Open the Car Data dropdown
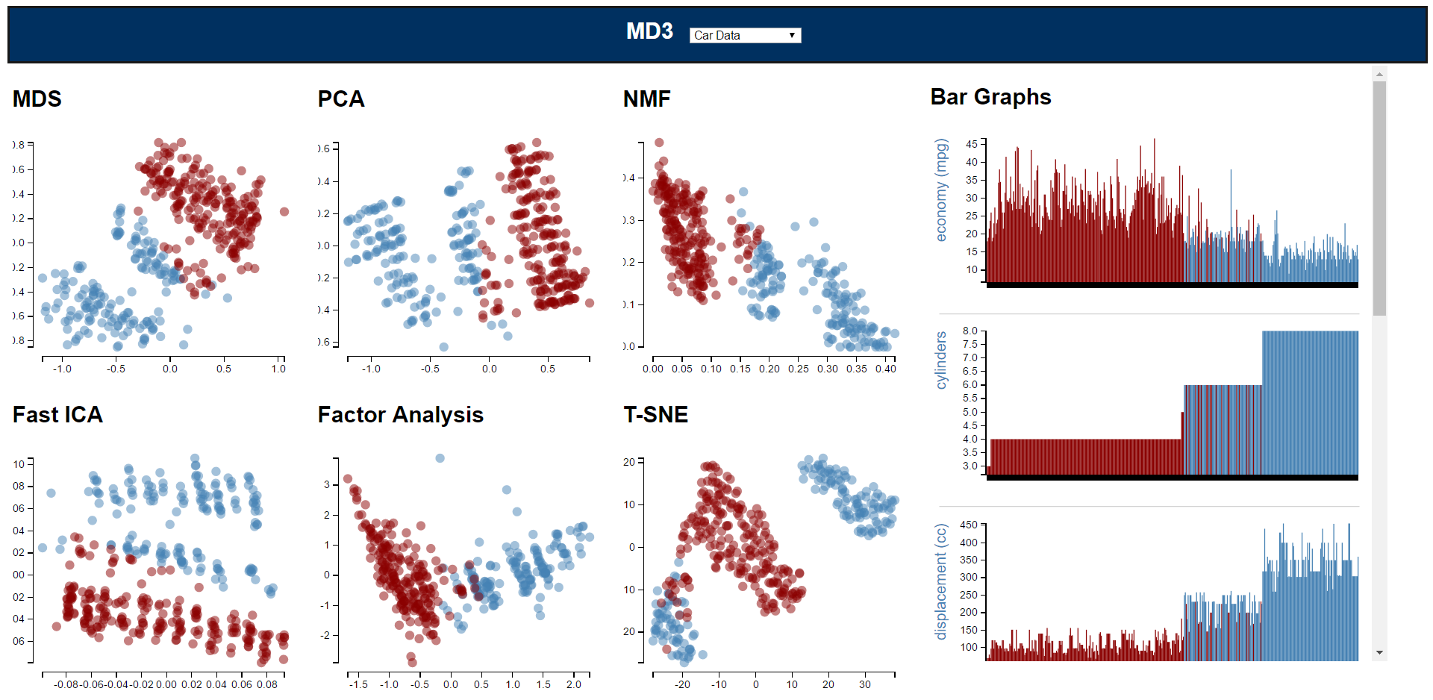[745, 35]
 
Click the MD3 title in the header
[649, 31]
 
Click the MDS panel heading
[37, 99]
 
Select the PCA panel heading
[341, 99]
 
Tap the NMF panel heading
[647, 99]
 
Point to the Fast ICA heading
[57, 415]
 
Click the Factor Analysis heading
[401, 415]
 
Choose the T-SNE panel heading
[656, 415]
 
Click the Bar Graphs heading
[990, 97]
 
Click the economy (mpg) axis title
[941, 190]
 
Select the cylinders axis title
[941, 360]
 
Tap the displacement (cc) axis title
[941, 581]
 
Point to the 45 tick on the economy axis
[972, 144]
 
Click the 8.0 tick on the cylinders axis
[970, 331]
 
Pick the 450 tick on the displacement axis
[969, 525]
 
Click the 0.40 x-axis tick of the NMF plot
[886, 369]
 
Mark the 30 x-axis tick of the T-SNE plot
[864, 684]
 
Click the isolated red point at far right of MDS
[284, 212]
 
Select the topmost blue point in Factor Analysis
[440, 458]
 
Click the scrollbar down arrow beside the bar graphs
[1379, 653]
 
